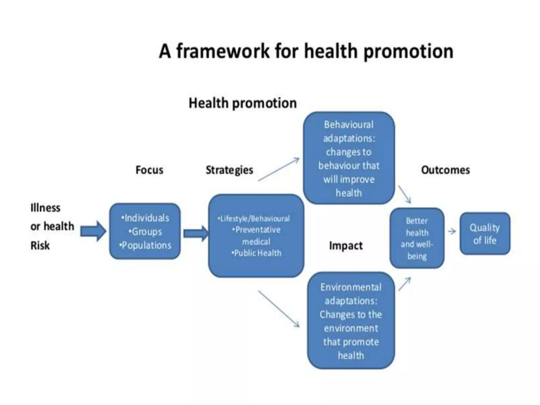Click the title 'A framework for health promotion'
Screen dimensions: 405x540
(x=306, y=51)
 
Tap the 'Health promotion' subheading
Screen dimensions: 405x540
(x=243, y=103)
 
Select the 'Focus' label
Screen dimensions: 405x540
(x=149, y=170)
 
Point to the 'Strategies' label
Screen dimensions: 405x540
(x=229, y=170)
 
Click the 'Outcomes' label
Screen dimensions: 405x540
(x=445, y=170)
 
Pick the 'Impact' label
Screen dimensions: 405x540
(x=346, y=246)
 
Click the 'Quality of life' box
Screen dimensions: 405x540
(x=485, y=234)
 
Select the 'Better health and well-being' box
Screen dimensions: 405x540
(x=417, y=238)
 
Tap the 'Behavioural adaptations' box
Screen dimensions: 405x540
(x=349, y=158)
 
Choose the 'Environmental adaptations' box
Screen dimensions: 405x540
(x=351, y=321)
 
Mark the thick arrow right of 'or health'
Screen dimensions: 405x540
(x=93, y=231)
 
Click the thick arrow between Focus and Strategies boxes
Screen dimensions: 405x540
(x=195, y=233)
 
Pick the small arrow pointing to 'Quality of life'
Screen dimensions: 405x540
(x=452, y=232)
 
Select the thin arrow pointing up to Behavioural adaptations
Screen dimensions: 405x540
(x=278, y=170)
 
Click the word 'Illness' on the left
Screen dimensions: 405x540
(x=45, y=208)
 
